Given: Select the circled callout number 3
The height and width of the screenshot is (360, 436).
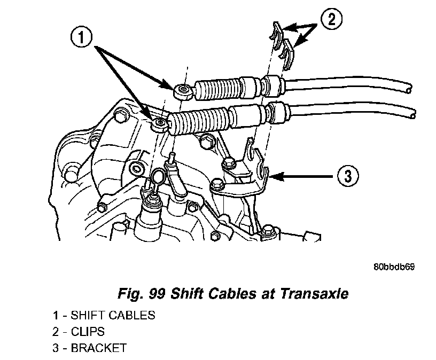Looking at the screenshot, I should click(347, 175).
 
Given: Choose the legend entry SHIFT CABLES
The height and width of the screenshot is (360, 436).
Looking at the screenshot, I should click(113, 315).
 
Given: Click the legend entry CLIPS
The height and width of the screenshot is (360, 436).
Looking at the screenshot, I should click(88, 332).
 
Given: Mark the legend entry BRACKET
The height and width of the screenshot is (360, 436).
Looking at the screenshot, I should click(99, 348).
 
